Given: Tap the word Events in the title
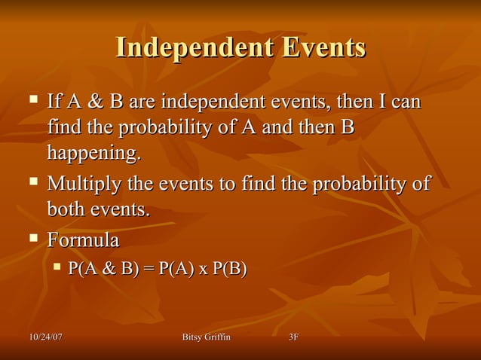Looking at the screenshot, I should (324, 47).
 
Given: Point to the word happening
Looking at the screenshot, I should (93, 154).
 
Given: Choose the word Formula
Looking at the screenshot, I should (83, 241).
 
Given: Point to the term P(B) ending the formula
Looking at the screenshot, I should (228, 268).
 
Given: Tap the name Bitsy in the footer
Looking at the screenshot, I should (195, 336).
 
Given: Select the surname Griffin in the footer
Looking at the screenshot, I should (219, 336).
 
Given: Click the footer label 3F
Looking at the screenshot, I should (294, 336).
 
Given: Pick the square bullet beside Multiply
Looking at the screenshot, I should (33, 182).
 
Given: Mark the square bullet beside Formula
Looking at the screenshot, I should (33, 239).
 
